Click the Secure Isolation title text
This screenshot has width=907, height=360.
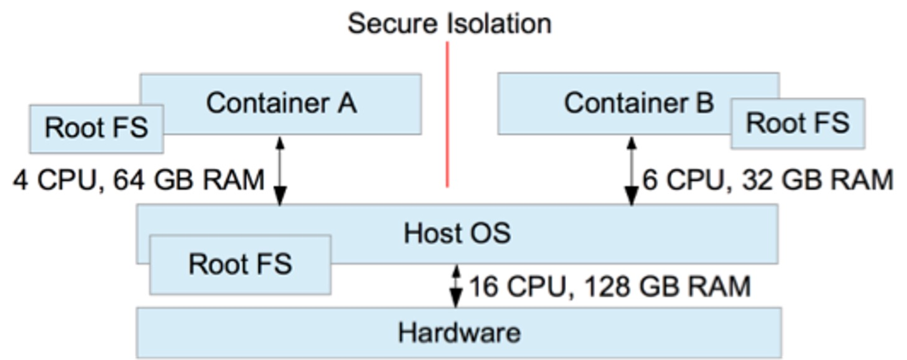tap(449, 24)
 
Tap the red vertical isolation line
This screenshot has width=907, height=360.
tap(447, 115)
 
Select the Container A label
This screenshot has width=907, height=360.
tap(281, 103)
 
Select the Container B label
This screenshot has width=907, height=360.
tap(639, 103)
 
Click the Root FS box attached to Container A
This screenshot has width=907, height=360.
tap(96, 128)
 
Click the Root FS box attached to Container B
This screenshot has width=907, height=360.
tap(797, 123)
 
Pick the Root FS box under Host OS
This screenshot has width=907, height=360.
tap(240, 264)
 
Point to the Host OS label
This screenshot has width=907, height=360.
tap(457, 234)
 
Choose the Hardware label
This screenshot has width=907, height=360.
tap(459, 333)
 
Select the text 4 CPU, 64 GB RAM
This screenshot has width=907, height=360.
tap(138, 181)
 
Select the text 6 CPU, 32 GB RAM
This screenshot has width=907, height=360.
tap(768, 180)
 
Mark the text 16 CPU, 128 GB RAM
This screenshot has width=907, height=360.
tap(609, 287)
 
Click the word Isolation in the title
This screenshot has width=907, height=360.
tap(499, 24)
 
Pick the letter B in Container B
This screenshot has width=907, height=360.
tap(704, 103)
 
